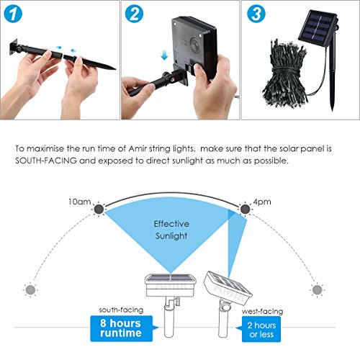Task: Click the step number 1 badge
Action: point(13,14)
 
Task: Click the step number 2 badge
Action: point(134,14)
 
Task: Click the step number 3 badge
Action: point(256,14)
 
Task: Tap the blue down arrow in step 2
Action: point(164,55)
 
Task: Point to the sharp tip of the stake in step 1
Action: point(116,69)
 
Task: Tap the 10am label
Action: point(79,202)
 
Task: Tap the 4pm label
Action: point(262,202)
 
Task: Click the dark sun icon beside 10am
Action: point(99,210)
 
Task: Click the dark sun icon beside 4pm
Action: point(245,210)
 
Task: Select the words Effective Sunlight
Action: point(171,230)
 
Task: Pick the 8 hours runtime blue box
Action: point(122,328)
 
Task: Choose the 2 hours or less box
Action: point(261,329)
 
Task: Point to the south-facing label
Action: point(121,310)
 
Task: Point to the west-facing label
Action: point(262,311)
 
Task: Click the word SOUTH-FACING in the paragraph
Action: point(46,161)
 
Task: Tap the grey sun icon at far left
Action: point(30,290)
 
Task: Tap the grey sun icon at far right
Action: point(318,290)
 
